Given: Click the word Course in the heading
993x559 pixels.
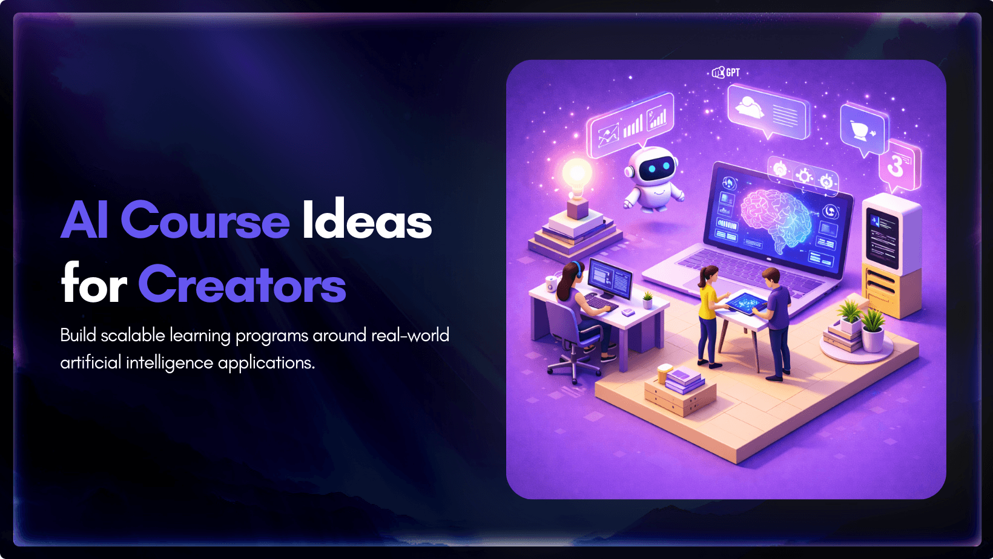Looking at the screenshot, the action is coord(205,220).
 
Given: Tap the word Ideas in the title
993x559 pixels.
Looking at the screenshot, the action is coord(367,218).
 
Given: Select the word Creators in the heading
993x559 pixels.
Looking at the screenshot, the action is coord(242,284).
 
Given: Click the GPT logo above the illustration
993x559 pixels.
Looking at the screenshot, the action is coord(726,73).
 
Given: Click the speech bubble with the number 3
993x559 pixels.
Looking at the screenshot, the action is coord(900,166).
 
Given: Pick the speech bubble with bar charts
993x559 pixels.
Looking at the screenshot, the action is coord(630,125).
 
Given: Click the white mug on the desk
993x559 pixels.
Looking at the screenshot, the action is coord(551,283).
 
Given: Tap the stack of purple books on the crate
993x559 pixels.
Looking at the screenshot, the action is coord(683,379).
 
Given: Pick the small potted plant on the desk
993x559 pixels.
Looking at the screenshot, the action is coord(648,299).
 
